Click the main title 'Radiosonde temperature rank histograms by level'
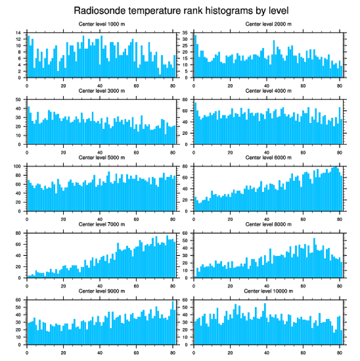(180, 10)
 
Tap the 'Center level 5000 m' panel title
(101, 157)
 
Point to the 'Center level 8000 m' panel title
(268, 224)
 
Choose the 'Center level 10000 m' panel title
(268, 291)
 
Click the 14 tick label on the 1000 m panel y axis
(18, 33)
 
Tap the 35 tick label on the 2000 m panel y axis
(185, 33)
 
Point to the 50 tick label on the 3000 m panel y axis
(18, 100)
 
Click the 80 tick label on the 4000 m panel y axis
(185, 100)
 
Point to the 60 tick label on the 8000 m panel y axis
(185, 234)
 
